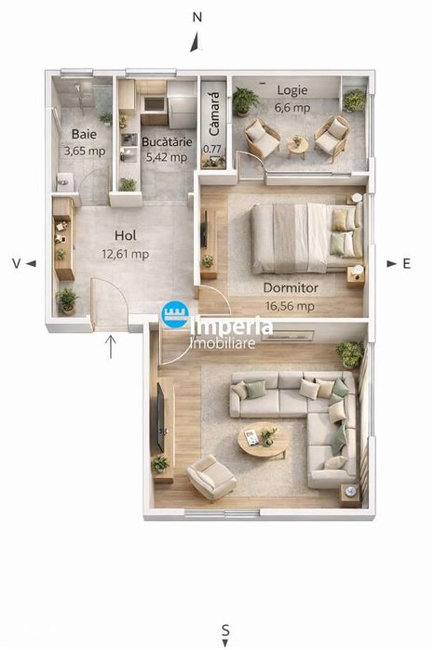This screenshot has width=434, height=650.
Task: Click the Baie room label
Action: [x=84, y=134]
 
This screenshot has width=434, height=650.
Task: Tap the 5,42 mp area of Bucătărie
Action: [x=167, y=157]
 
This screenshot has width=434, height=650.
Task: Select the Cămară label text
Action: [x=213, y=113]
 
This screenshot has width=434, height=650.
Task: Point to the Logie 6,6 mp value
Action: [x=292, y=108]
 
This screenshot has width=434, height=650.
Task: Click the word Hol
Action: [x=125, y=235]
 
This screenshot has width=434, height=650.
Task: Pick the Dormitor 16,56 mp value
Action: [x=290, y=306]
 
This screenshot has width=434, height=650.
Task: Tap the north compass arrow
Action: [x=197, y=42]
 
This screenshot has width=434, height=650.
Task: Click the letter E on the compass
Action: [x=407, y=264]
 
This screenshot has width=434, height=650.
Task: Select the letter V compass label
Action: [x=16, y=264]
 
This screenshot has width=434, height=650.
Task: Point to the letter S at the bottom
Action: [x=225, y=630]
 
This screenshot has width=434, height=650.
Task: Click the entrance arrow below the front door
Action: [x=111, y=347]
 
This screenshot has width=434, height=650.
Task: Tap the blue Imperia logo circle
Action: [x=175, y=314]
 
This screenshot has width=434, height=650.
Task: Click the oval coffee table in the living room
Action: [x=263, y=440]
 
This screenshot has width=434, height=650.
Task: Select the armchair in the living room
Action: [x=211, y=477]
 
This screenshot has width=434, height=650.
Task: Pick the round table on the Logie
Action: [x=298, y=146]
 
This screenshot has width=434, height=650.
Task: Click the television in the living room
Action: [x=160, y=418]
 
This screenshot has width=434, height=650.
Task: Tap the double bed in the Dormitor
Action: [x=306, y=237]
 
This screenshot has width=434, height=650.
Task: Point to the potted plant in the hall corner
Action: [x=67, y=300]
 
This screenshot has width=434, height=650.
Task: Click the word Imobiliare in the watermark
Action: [x=223, y=343]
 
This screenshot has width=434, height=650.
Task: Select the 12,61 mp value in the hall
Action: [x=126, y=254]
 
